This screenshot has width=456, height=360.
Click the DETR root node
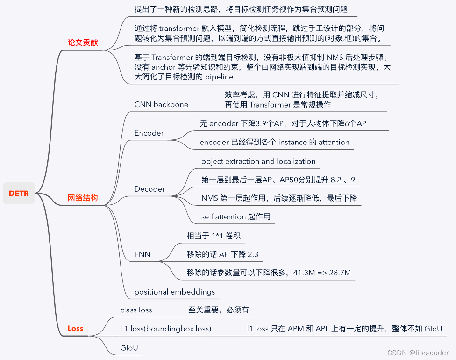click(19, 193)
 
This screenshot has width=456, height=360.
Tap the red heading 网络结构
click(83, 198)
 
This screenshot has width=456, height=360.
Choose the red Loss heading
click(75, 328)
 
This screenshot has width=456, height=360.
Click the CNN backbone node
click(161, 104)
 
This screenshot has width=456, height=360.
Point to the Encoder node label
click(149, 133)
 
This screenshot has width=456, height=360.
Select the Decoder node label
click(150, 189)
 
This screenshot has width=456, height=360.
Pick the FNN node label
click(142, 254)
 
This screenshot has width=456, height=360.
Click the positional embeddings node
click(175, 292)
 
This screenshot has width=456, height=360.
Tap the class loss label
click(136, 310)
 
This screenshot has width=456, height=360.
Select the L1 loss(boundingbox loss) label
click(166, 329)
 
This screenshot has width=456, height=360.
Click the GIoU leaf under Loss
click(129, 348)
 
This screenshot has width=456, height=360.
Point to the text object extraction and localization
click(258, 161)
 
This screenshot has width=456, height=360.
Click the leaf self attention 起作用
click(236, 216)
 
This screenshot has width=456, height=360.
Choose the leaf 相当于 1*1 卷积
click(214, 236)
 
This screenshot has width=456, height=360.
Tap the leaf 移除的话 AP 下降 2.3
click(222, 254)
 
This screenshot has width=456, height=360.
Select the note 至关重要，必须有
click(219, 310)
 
